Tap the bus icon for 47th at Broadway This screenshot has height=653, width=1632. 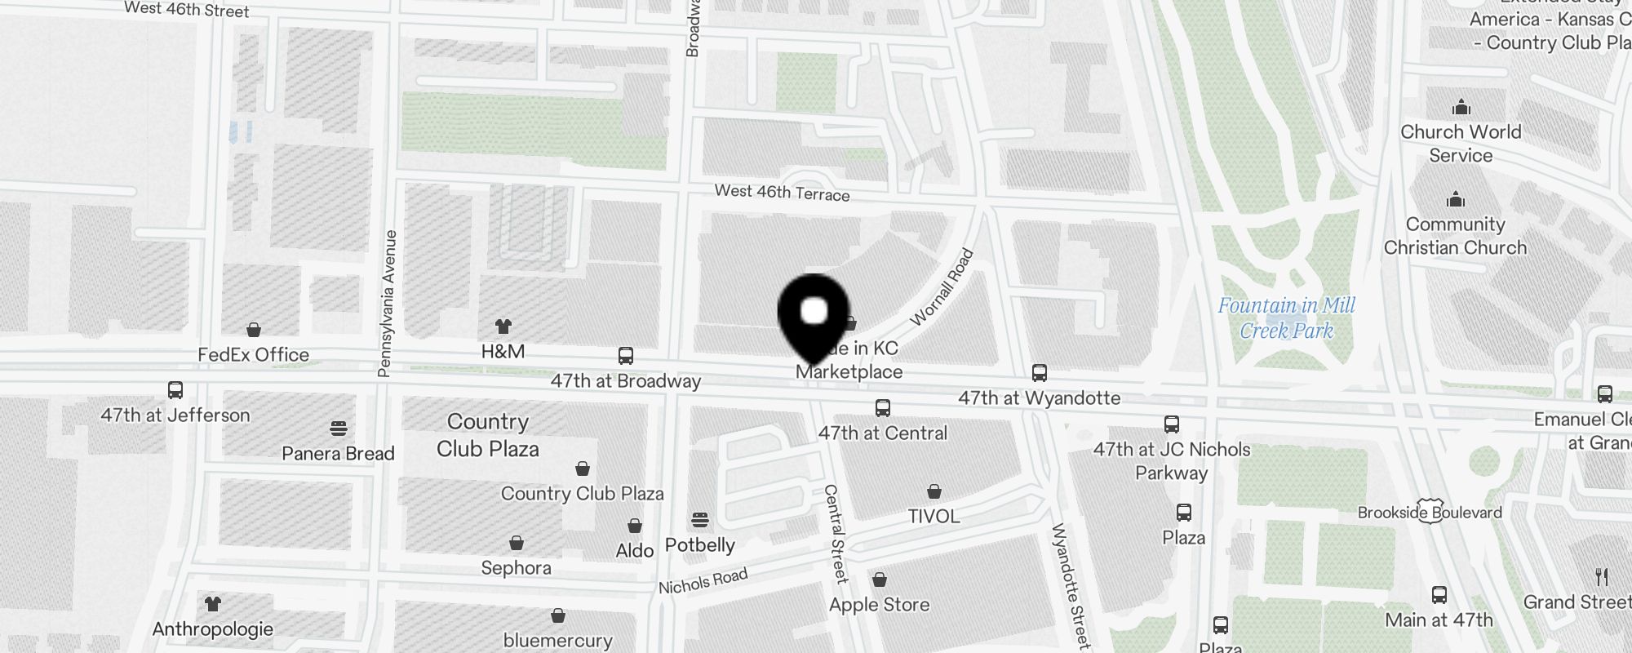[626, 357]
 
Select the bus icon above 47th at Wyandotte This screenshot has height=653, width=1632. [1039, 373]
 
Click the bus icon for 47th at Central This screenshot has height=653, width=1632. [882, 408]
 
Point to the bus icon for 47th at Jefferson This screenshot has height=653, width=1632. [175, 390]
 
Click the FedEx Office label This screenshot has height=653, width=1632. [253, 355]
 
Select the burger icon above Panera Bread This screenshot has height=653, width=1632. [339, 429]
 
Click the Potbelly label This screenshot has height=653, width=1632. [700, 545]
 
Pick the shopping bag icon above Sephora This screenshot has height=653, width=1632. [516, 544]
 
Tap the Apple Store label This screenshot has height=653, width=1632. [879, 605]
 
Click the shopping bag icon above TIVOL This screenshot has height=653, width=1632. [934, 491]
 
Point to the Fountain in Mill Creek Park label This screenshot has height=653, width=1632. [1286, 318]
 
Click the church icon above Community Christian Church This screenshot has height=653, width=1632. [1456, 200]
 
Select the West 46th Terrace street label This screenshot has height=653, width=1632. [782, 193]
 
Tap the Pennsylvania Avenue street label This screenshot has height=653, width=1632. [388, 304]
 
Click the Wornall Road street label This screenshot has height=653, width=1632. [942, 287]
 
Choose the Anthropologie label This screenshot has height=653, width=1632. [212, 629]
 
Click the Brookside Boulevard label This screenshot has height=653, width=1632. [1430, 513]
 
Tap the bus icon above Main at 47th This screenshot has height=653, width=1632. [1439, 595]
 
